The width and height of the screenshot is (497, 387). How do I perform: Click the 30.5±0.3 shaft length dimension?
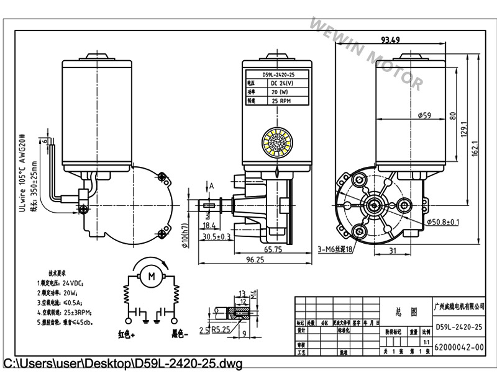pos(216,236)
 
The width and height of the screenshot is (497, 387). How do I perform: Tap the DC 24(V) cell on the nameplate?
pos(281,82)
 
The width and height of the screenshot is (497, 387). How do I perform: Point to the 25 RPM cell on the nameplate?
pos(280,100)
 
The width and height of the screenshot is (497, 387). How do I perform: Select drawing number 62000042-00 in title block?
pos(459,347)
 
